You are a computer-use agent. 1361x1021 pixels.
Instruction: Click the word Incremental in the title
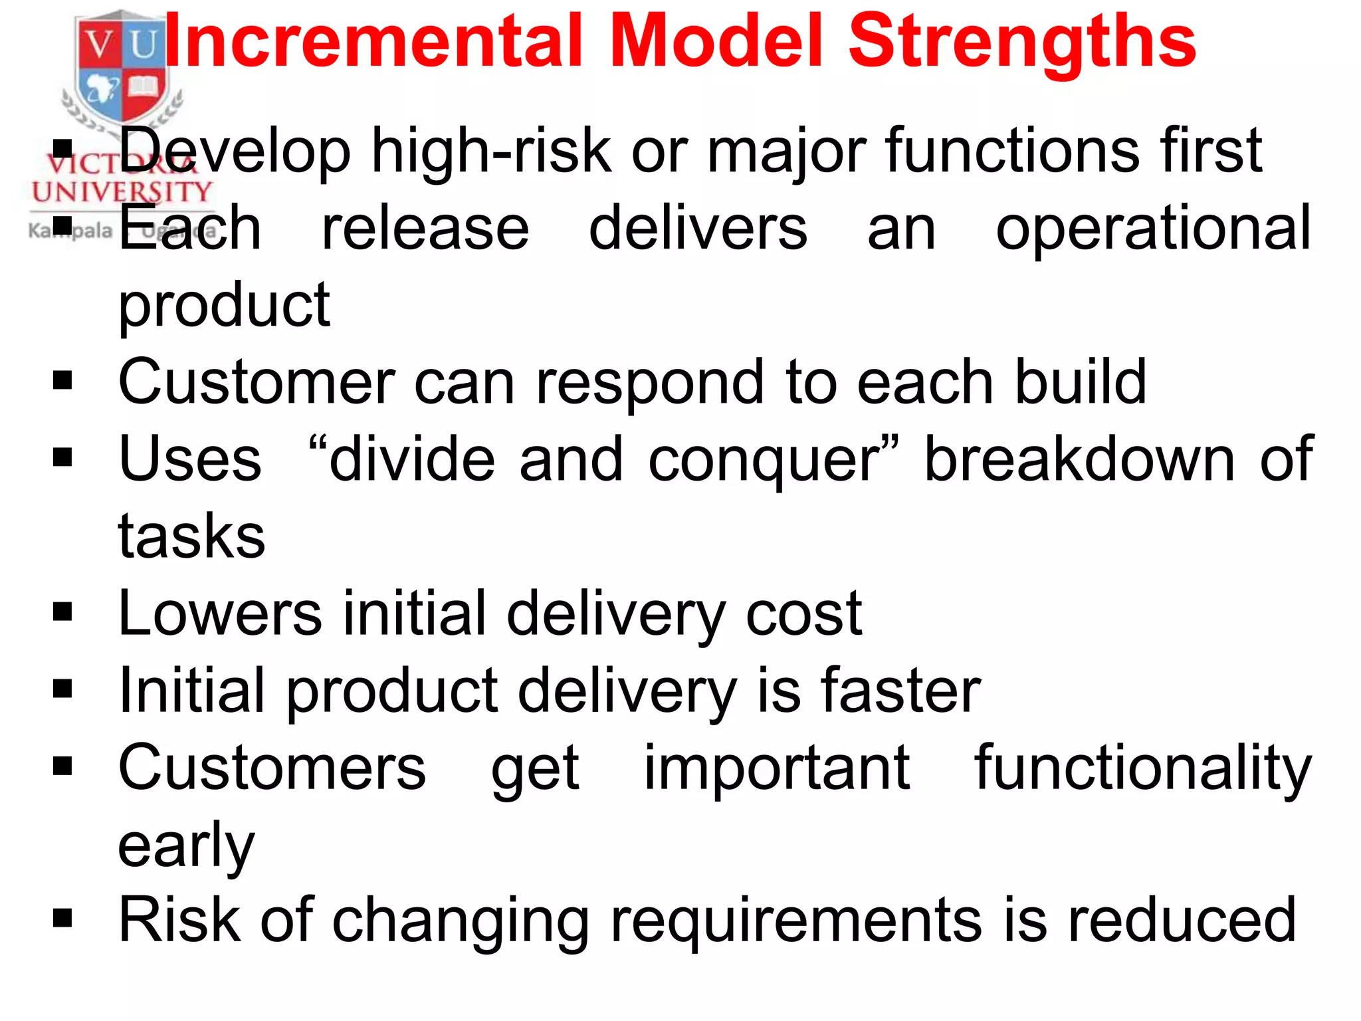[x=373, y=41]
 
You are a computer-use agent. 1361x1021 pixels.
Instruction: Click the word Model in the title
[x=716, y=41]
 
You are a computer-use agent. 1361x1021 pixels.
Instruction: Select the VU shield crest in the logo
[x=122, y=66]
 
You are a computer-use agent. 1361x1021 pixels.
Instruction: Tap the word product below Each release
[x=224, y=306]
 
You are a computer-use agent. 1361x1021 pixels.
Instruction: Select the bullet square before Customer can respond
[x=62, y=381]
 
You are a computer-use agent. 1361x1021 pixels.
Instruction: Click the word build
[x=1081, y=382]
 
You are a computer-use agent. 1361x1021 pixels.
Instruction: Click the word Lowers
[x=220, y=613]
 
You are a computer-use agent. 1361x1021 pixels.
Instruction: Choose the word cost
[x=803, y=613]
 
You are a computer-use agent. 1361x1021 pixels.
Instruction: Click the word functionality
[x=1143, y=769]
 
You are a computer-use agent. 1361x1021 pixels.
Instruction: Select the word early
[x=186, y=846]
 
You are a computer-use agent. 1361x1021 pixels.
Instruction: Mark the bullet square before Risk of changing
[x=62, y=919]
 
